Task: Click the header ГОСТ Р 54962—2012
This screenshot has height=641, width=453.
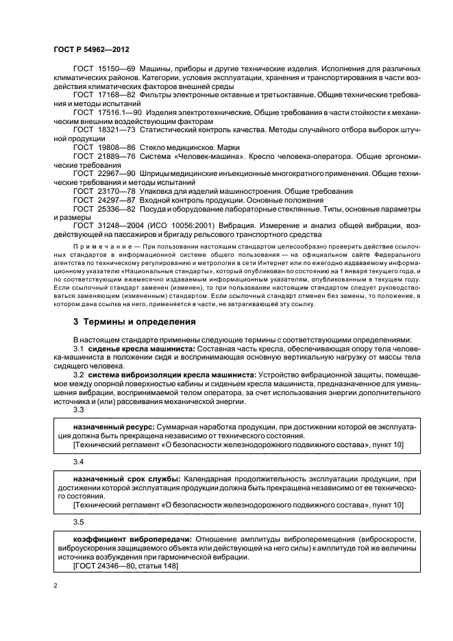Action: coord(92,51)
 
